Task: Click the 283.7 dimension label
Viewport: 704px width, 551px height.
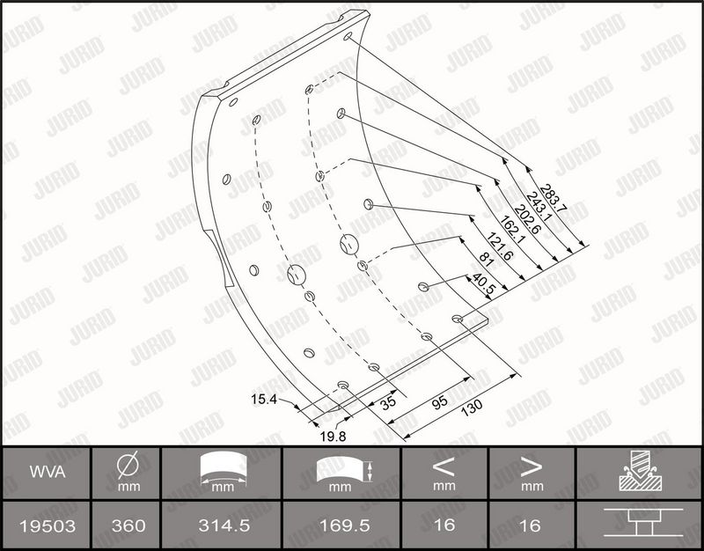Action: (554, 198)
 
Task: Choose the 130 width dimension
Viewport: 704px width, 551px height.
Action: (472, 407)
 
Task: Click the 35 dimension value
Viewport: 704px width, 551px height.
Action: (388, 401)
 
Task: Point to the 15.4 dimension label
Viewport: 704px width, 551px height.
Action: (264, 400)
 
